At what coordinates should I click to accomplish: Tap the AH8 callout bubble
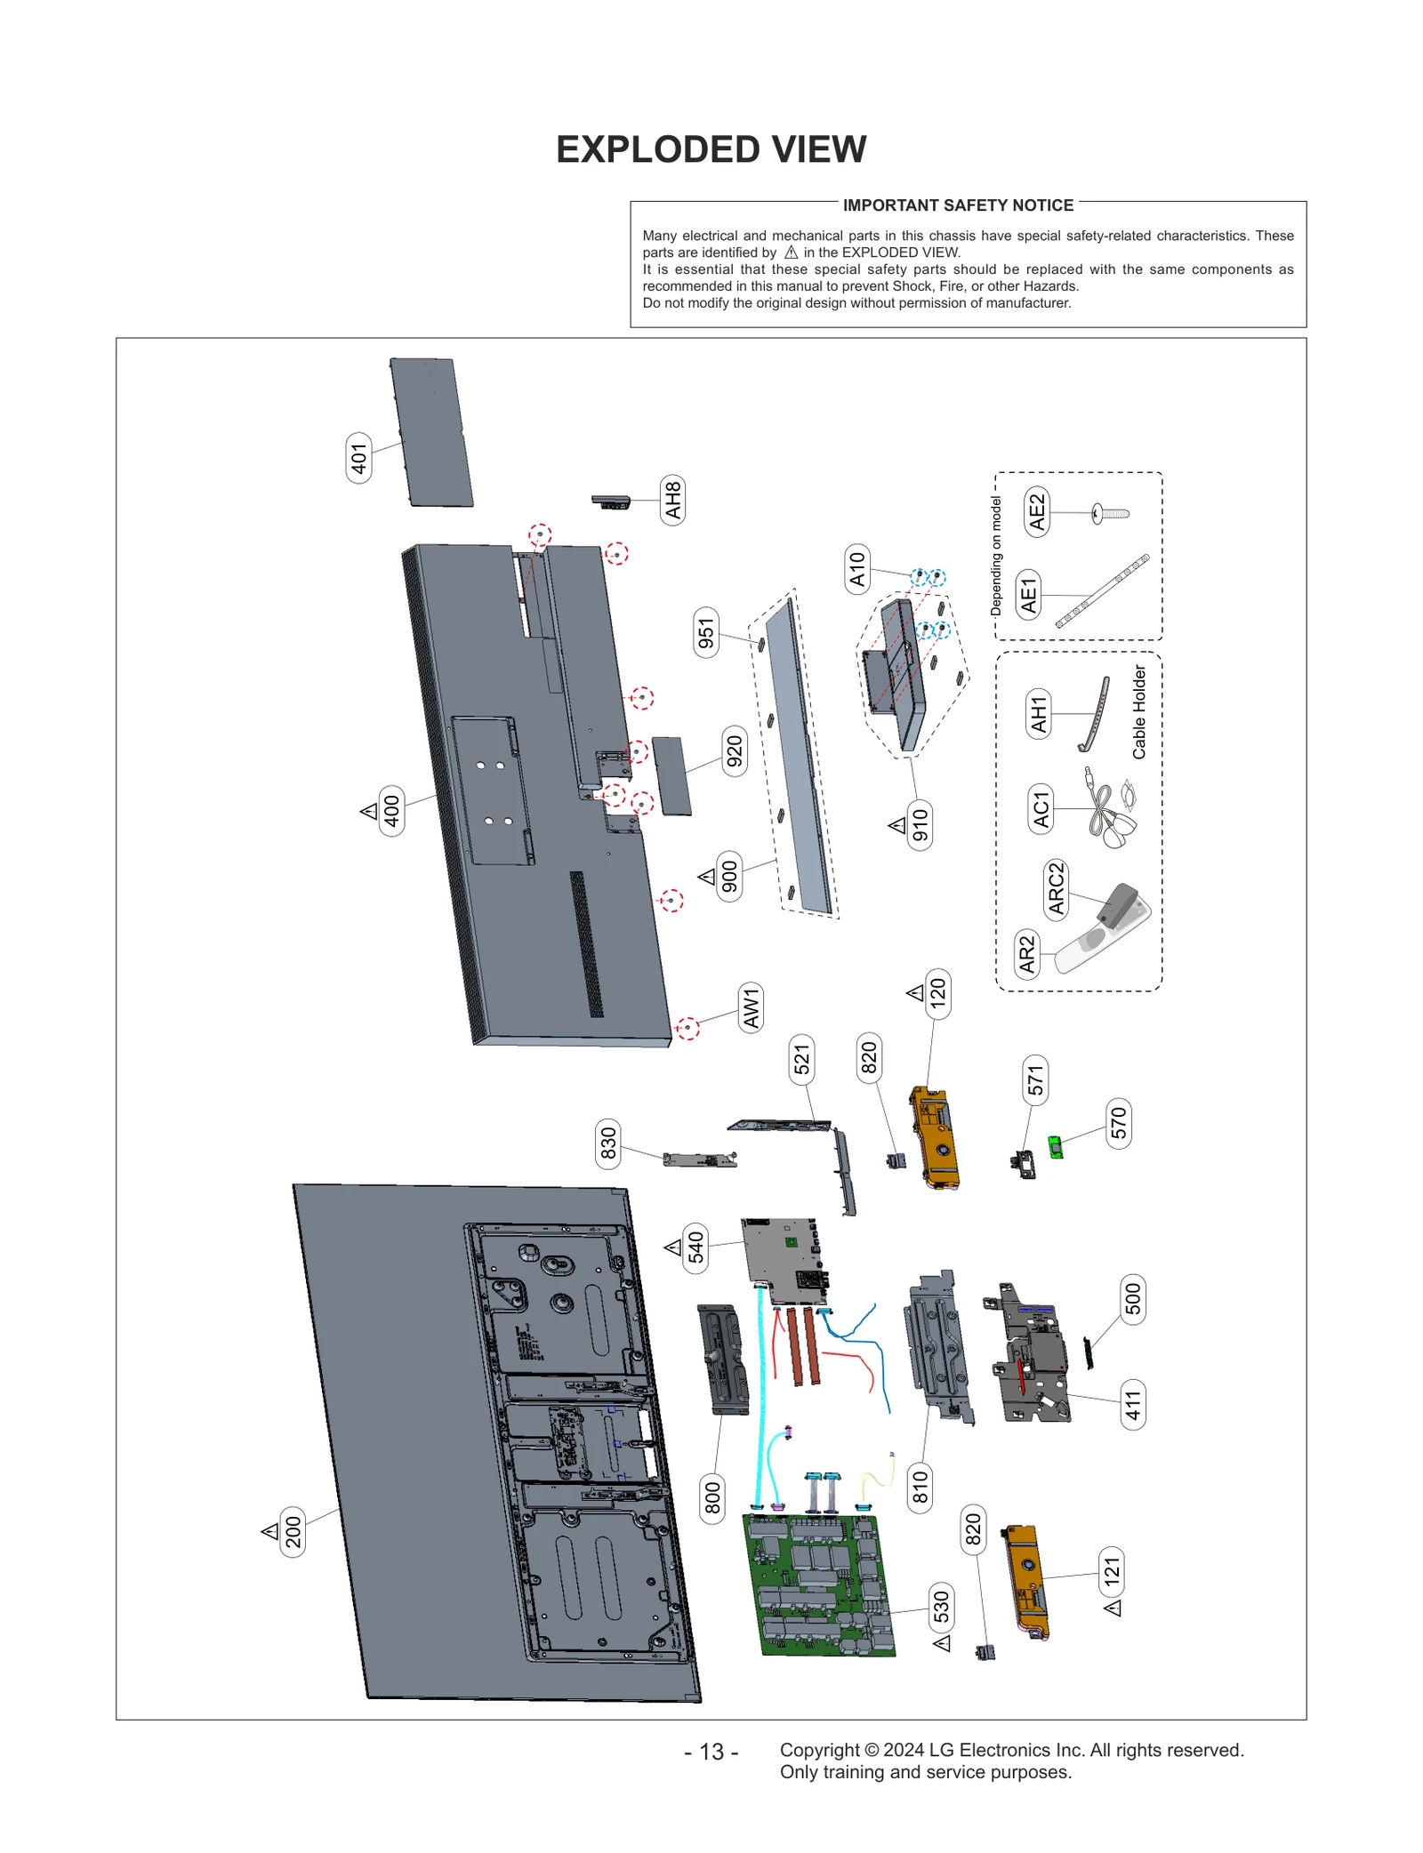(673, 500)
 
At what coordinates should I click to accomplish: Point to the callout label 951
(706, 635)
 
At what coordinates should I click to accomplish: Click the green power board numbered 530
(818, 1584)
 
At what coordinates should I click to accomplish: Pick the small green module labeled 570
(1055, 1147)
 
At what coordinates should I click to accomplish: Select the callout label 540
(695, 1247)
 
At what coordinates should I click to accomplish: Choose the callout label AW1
(752, 1007)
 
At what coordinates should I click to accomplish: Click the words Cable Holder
(1139, 711)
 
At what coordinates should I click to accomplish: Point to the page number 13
(711, 1751)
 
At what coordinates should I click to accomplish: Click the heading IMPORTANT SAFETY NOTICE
(958, 205)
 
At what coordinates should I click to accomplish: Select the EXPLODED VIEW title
(711, 149)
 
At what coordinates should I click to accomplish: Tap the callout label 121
(1112, 1571)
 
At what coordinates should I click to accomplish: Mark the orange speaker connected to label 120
(934, 1138)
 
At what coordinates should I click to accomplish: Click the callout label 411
(1132, 1405)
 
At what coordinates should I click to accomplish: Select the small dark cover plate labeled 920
(671, 775)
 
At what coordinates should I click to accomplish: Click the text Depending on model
(996, 556)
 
